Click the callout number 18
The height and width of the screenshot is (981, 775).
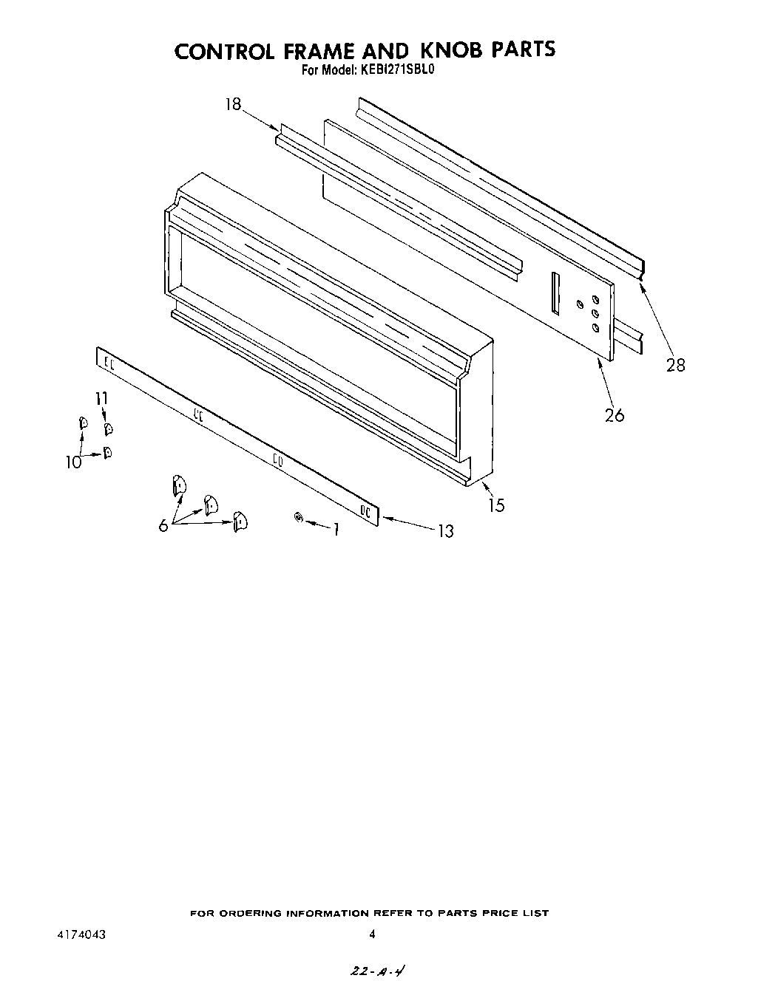(x=233, y=104)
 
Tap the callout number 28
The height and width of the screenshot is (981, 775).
(x=675, y=365)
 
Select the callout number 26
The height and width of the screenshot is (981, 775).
(x=615, y=415)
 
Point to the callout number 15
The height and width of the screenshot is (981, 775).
(x=497, y=505)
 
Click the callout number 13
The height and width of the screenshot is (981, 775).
(x=446, y=531)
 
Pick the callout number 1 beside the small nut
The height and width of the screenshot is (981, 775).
(x=336, y=529)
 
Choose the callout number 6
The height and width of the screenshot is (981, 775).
(x=163, y=526)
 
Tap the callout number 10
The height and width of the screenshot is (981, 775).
(x=74, y=462)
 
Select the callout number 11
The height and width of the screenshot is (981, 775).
(x=101, y=398)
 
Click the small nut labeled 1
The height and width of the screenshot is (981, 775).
(x=299, y=517)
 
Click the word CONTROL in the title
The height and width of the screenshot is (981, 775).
(x=225, y=51)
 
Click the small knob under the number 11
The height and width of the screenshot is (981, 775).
(x=108, y=429)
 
